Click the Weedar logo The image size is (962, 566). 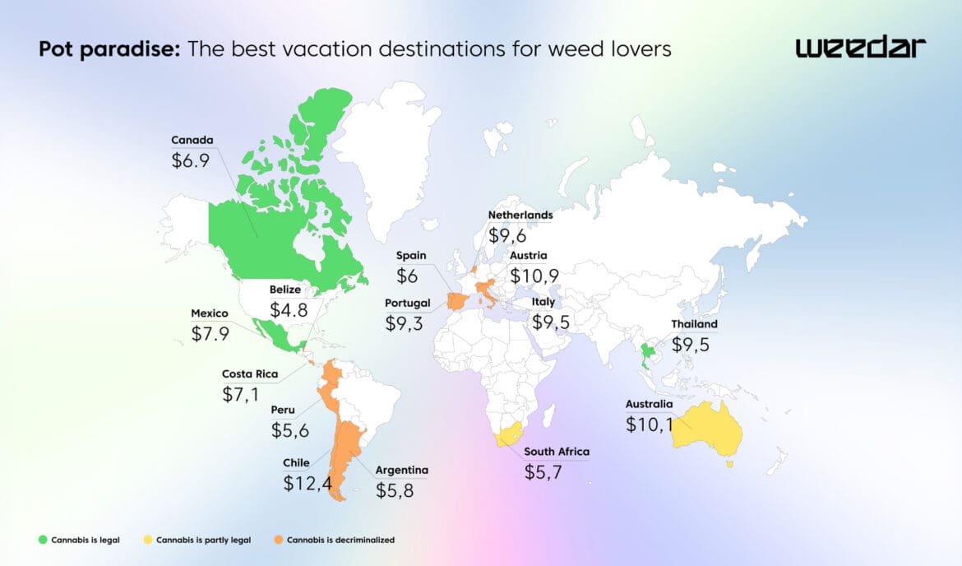coord(860,48)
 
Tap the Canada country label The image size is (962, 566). coord(192,139)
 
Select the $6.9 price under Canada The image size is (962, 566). coord(191,160)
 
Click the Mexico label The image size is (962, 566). coord(210,313)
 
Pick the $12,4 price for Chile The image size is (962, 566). coord(308,484)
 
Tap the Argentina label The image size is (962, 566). coord(402,471)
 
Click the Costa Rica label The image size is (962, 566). coord(250,373)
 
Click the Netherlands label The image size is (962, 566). coord(520,215)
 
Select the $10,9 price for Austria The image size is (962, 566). coord(536,276)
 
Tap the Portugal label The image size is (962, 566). coord(408,303)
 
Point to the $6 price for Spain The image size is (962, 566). coord(408,276)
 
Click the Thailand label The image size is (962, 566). coord(694,324)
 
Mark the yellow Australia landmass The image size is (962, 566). coord(708,429)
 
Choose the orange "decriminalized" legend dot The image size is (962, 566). coord(279,540)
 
